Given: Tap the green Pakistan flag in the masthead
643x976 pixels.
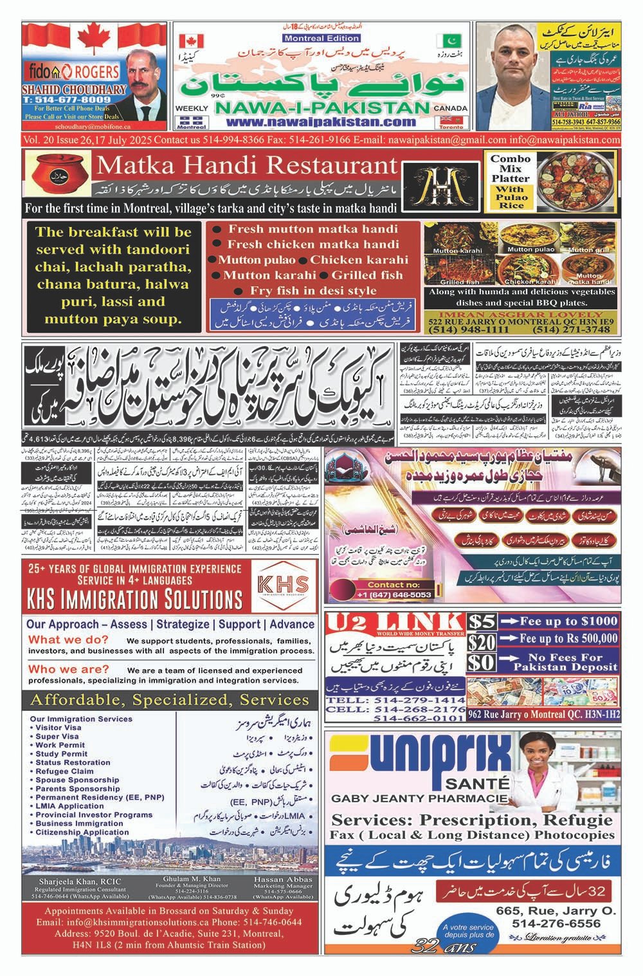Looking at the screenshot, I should pyautogui.click(x=445, y=40).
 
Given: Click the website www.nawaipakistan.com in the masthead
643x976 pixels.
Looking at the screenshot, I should pyautogui.click(x=321, y=122).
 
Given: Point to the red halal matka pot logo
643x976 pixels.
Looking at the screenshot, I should pyautogui.click(x=57, y=178).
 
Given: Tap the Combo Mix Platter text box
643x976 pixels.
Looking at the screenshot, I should pyautogui.click(x=510, y=182).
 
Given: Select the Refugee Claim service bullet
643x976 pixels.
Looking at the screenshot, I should pyautogui.click(x=64, y=771).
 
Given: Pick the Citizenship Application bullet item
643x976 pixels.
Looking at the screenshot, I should pyautogui.click(x=82, y=832).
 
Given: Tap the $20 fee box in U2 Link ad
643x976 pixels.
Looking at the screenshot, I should pyautogui.click(x=482, y=641).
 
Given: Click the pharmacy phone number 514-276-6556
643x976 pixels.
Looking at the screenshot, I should pyautogui.click(x=557, y=923).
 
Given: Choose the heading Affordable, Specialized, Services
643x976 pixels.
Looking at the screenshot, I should pyautogui.click(x=170, y=700).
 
